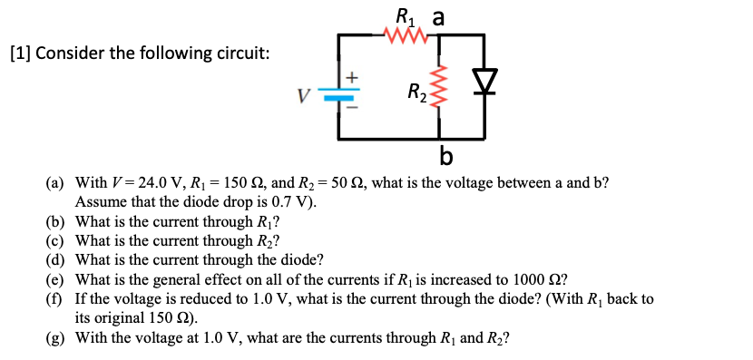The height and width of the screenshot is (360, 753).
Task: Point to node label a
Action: coord(439,16)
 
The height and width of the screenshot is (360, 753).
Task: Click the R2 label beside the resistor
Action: coord(416,92)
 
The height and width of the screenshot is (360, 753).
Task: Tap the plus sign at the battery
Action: coord(354,79)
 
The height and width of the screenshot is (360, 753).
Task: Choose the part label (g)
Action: coord(57,338)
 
